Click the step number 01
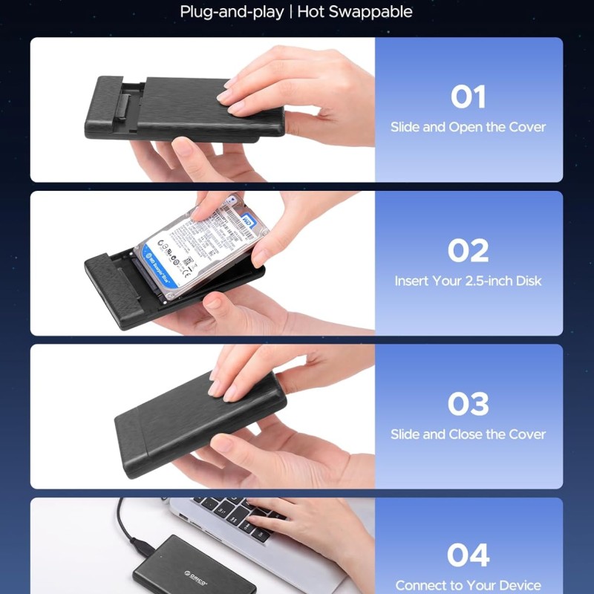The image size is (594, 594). [x=468, y=97]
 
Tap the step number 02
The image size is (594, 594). [x=468, y=251]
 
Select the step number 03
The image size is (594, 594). [x=468, y=404]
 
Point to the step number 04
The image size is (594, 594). [x=468, y=555]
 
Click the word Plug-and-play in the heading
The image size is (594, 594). [x=231, y=12]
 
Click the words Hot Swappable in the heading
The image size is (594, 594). [x=355, y=12]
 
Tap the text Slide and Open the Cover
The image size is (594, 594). [x=468, y=127]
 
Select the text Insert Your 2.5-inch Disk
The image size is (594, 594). [x=468, y=281]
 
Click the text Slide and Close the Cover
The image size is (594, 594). [x=468, y=434]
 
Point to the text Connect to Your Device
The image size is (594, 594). [x=468, y=586]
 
